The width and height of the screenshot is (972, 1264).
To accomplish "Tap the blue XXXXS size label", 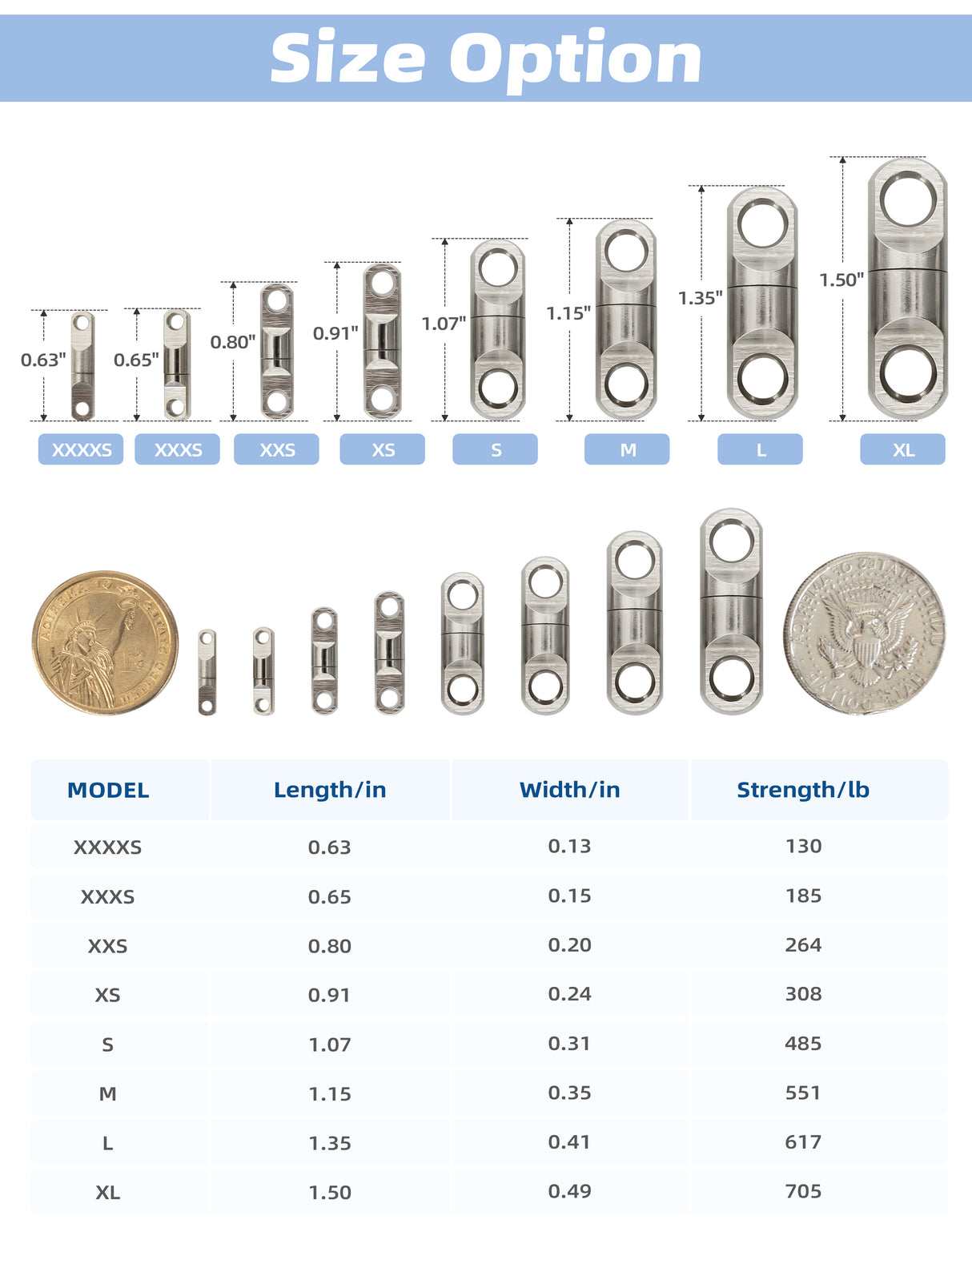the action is tap(81, 449).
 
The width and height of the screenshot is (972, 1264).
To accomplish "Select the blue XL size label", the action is tap(903, 449).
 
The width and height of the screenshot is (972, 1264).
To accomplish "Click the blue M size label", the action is tap(627, 449).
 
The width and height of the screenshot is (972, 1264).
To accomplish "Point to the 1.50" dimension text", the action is tap(841, 280).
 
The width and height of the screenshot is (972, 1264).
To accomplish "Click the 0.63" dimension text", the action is tap(43, 360).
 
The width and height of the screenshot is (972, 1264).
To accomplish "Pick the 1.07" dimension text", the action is tap(444, 324).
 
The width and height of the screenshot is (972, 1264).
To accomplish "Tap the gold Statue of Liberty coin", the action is tap(105, 642).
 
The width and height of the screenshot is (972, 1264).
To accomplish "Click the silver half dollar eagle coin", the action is tap(865, 633).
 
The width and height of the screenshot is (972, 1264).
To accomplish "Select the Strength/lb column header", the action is tap(803, 789).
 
